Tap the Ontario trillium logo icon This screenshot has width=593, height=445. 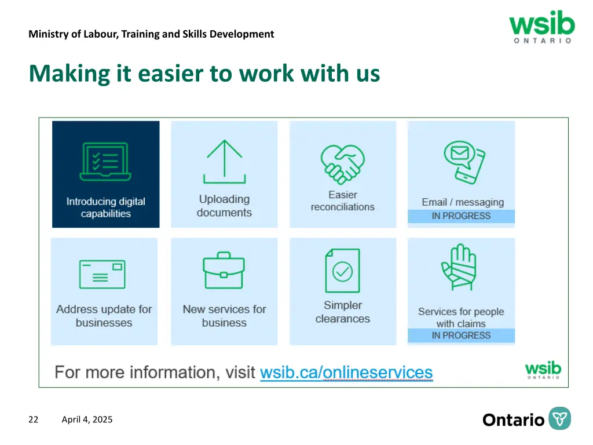click(559, 419)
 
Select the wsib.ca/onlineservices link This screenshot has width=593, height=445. click(346, 372)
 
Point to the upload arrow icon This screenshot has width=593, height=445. click(224, 162)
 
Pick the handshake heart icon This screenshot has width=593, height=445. click(342, 162)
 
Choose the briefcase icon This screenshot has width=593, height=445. click(224, 270)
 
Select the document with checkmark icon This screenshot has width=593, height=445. click(342, 271)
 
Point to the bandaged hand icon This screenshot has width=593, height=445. click(459, 267)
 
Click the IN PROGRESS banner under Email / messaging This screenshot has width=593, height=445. click(461, 216)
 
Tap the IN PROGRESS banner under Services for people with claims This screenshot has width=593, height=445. click(461, 335)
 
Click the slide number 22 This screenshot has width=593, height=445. click(34, 420)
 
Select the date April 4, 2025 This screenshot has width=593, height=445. click(87, 420)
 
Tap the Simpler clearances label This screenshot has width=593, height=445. click(343, 312)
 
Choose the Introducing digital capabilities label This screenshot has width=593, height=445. click(105, 207)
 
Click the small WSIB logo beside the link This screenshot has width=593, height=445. click(543, 370)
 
